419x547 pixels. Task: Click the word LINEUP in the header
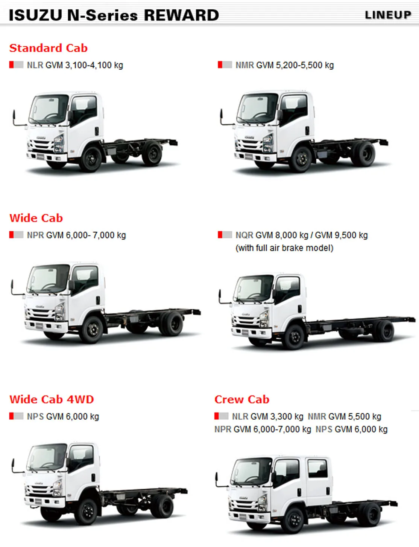click(388, 15)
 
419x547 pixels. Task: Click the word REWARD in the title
click(181, 15)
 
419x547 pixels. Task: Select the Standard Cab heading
click(49, 48)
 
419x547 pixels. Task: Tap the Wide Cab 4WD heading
click(52, 399)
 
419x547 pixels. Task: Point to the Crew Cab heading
click(242, 399)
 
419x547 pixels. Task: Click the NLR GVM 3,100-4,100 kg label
click(75, 65)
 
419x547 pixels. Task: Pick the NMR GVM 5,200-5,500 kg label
click(284, 65)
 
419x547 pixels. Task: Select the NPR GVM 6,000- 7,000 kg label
click(76, 235)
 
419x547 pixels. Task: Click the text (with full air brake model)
click(284, 248)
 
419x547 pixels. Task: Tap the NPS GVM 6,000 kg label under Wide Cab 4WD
click(63, 417)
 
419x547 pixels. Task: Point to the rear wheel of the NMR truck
click(363, 154)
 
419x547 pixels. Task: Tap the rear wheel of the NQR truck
click(384, 331)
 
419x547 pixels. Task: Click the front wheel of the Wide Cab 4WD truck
click(88, 512)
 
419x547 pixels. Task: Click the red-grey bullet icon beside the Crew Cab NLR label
click(221, 416)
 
